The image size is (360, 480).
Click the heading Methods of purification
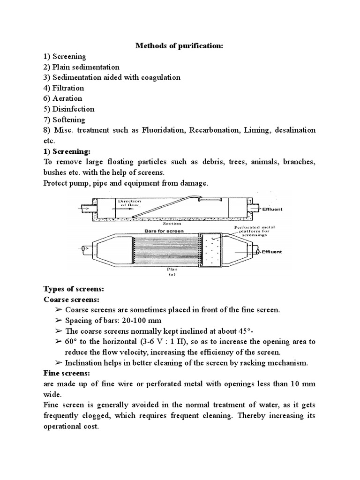180,46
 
